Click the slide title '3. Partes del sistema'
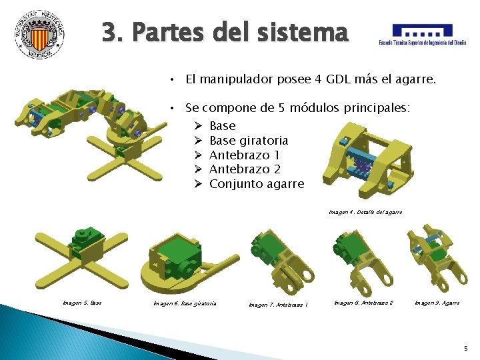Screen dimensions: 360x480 (x=225, y=32)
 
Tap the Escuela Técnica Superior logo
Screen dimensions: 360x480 (x=422, y=34)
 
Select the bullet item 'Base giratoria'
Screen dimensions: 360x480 (x=249, y=141)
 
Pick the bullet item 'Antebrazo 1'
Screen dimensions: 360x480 (x=243, y=155)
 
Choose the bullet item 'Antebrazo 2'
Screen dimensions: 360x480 (x=243, y=169)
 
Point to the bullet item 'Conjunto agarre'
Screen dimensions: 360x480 (x=256, y=184)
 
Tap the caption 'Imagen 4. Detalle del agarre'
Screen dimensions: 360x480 (x=365, y=212)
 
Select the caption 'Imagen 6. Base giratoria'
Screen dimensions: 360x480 (x=185, y=303)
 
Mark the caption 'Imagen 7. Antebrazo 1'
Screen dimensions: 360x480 (x=278, y=305)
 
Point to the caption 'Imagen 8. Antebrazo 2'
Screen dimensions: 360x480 (x=363, y=303)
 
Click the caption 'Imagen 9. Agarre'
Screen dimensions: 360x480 (x=437, y=303)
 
